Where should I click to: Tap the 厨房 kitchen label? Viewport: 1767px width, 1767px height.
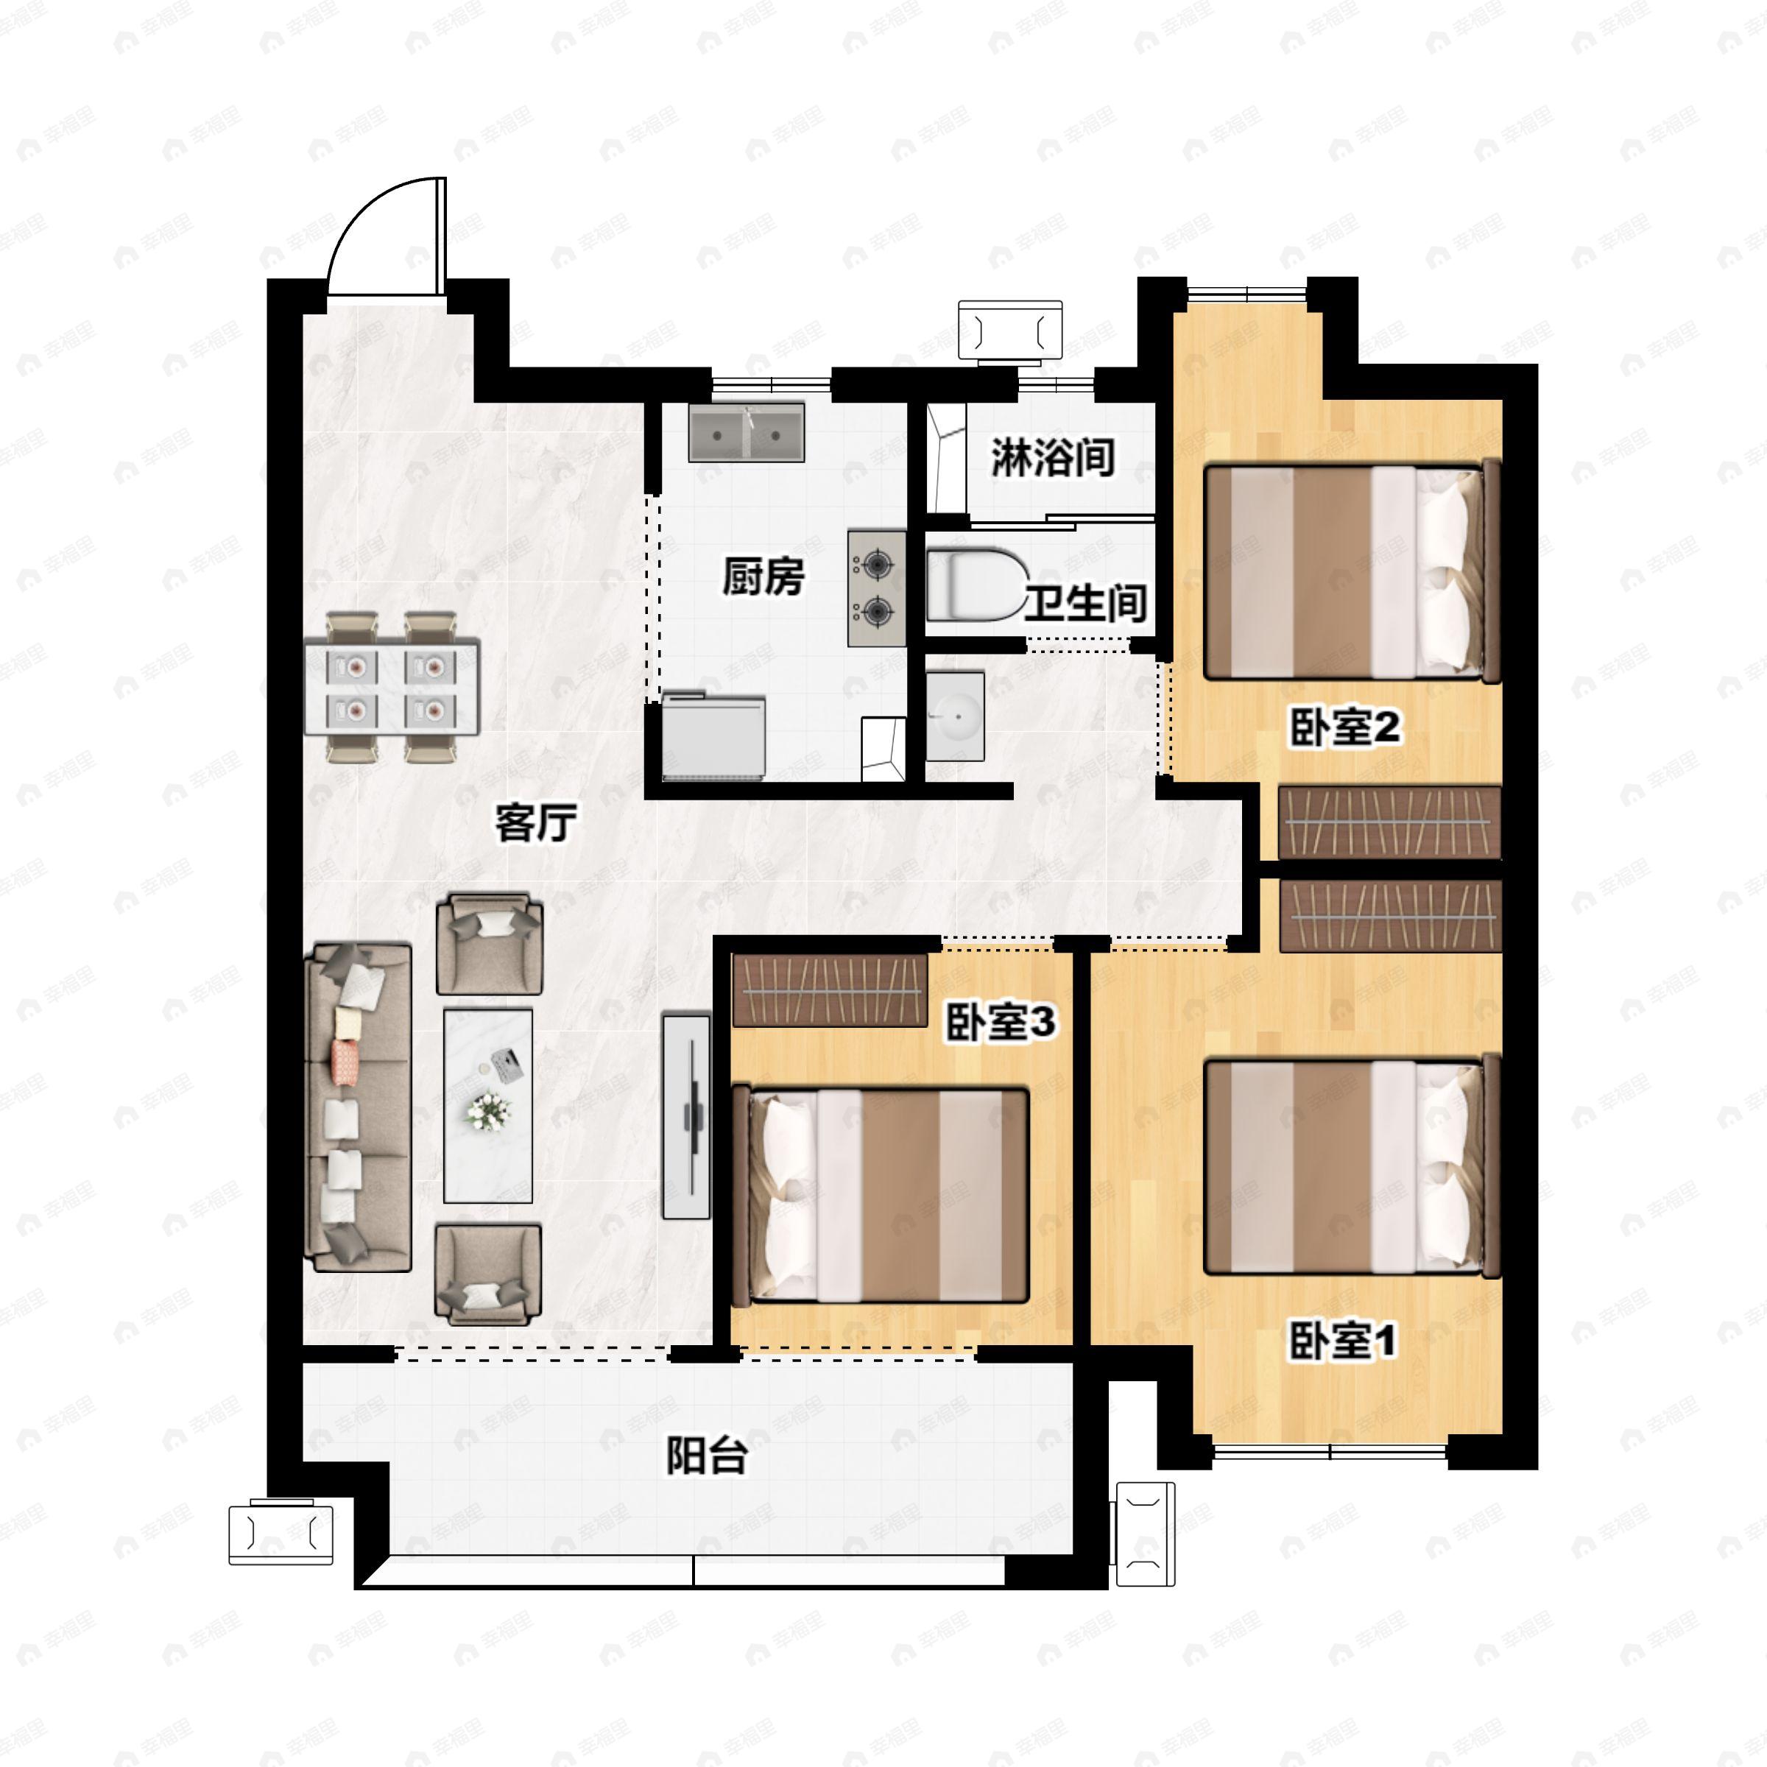[x=763, y=577]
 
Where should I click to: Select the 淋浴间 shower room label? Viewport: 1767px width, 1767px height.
[x=1054, y=456]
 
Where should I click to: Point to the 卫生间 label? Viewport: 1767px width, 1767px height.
[x=1086, y=603]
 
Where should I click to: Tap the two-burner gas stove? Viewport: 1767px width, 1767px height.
[x=877, y=588]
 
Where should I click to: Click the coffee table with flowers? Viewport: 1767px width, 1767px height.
[x=487, y=1106]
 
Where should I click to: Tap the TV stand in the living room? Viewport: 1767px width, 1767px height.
[x=687, y=1115]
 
